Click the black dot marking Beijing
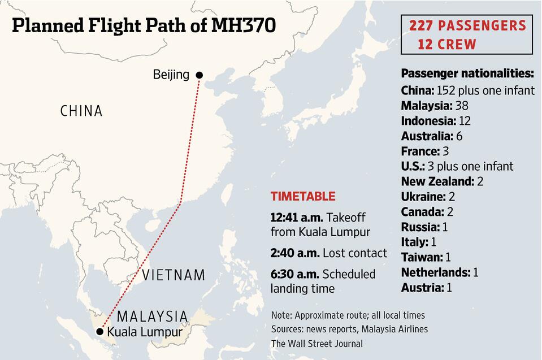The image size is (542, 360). [199, 75]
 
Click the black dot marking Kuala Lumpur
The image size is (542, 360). [100, 331]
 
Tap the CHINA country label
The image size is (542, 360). [81, 111]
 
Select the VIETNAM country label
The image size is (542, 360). [174, 275]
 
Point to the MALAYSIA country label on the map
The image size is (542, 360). [152, 316]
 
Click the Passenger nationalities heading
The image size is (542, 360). [467, 74]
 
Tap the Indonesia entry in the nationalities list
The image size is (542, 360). [428, 120]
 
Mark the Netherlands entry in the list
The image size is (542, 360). [435, 272]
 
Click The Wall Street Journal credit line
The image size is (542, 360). [316, 343]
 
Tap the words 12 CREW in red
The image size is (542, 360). [447, 44]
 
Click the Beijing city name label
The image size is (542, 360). [171, 75]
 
